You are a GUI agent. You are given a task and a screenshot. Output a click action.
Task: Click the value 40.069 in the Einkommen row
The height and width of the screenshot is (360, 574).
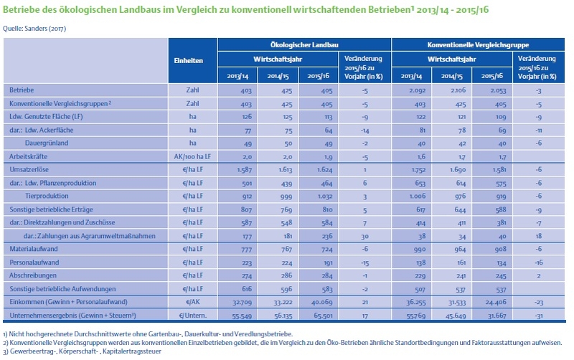pyautogui.click(x=321, y=303)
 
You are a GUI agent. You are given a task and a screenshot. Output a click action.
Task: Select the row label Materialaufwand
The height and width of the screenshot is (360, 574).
pyautogui.click(x=34, y=249)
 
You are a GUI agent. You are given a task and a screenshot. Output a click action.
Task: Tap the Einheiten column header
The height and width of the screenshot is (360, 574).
pyautogui.click(x=189, y=61)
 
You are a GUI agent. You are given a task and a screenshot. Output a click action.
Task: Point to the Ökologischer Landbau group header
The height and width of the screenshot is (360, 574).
pyautogui.click(x=304, y=45)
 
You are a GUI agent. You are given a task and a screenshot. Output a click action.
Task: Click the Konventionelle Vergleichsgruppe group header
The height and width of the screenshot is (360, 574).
pyautogui.click(x=478, y=45)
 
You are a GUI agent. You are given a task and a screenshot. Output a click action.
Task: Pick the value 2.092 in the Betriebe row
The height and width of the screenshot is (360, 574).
pyautogui.click(x=418, y=90)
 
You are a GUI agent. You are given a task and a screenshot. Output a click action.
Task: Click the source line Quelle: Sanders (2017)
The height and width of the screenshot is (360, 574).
pyautogui.click(x=34, y=29)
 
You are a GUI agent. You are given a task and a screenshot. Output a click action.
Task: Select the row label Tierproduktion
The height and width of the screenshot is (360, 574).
pyautogui.click(x=47, y=196)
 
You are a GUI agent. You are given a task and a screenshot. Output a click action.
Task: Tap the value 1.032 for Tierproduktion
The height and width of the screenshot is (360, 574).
pyautogui.click(x=324, y=196)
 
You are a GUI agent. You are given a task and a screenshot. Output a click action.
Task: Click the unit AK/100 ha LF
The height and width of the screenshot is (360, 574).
pyautogui.click(x=192, y=156)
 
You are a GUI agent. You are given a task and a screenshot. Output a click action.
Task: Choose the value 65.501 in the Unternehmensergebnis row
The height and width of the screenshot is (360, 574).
pyautogui.click(x=324, y=316)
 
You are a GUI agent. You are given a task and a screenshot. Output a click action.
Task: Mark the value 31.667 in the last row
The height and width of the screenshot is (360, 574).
pyautogui.click(x=497, y=316)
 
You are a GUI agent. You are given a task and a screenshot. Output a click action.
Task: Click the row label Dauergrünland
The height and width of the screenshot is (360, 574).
pyautogui.click(x=47, y=143)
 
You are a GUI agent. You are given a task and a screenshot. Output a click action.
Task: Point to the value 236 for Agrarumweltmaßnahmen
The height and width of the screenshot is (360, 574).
pyautogui.click(x=326, y=237)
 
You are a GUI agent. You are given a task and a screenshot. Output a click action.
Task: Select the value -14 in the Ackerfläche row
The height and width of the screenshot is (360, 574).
pyautogui.click(x=364, y=131)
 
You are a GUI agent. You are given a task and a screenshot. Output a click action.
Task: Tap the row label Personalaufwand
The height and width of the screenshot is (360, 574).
pyautogui.click(x=34, y=262)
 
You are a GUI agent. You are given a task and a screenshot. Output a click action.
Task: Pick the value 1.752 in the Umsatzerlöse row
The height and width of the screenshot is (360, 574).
pyautogui.click(x=418, y=170)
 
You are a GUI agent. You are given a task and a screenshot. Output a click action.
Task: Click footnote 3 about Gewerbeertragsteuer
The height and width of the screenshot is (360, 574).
pyautogui.click(x=82, y=351)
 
